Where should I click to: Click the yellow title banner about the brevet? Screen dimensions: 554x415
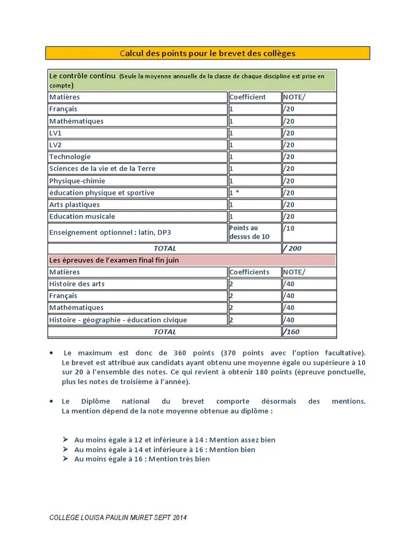(207, 53)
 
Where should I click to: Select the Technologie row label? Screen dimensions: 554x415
(70, 157)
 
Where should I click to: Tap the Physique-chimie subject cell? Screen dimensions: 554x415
(77, 181)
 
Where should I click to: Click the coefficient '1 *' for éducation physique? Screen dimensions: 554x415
(235, 193)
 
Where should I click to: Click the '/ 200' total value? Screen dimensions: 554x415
(292, 248)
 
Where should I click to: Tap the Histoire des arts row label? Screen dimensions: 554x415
(77, 283)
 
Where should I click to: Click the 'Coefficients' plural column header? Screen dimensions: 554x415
(249, 272)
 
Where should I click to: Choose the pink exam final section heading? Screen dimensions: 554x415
(114, 260)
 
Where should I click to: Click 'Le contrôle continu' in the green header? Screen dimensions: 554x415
(82, 76)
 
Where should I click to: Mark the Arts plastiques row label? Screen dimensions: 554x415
(75, 205)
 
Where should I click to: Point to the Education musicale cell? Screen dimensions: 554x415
(82, 216)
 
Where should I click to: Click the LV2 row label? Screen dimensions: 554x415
(56, 145)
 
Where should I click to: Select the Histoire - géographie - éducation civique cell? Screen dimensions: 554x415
(118, 320)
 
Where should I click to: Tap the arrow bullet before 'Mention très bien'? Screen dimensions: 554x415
(65, 459)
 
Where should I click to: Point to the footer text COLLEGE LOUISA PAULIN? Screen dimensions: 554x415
(118, 518)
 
